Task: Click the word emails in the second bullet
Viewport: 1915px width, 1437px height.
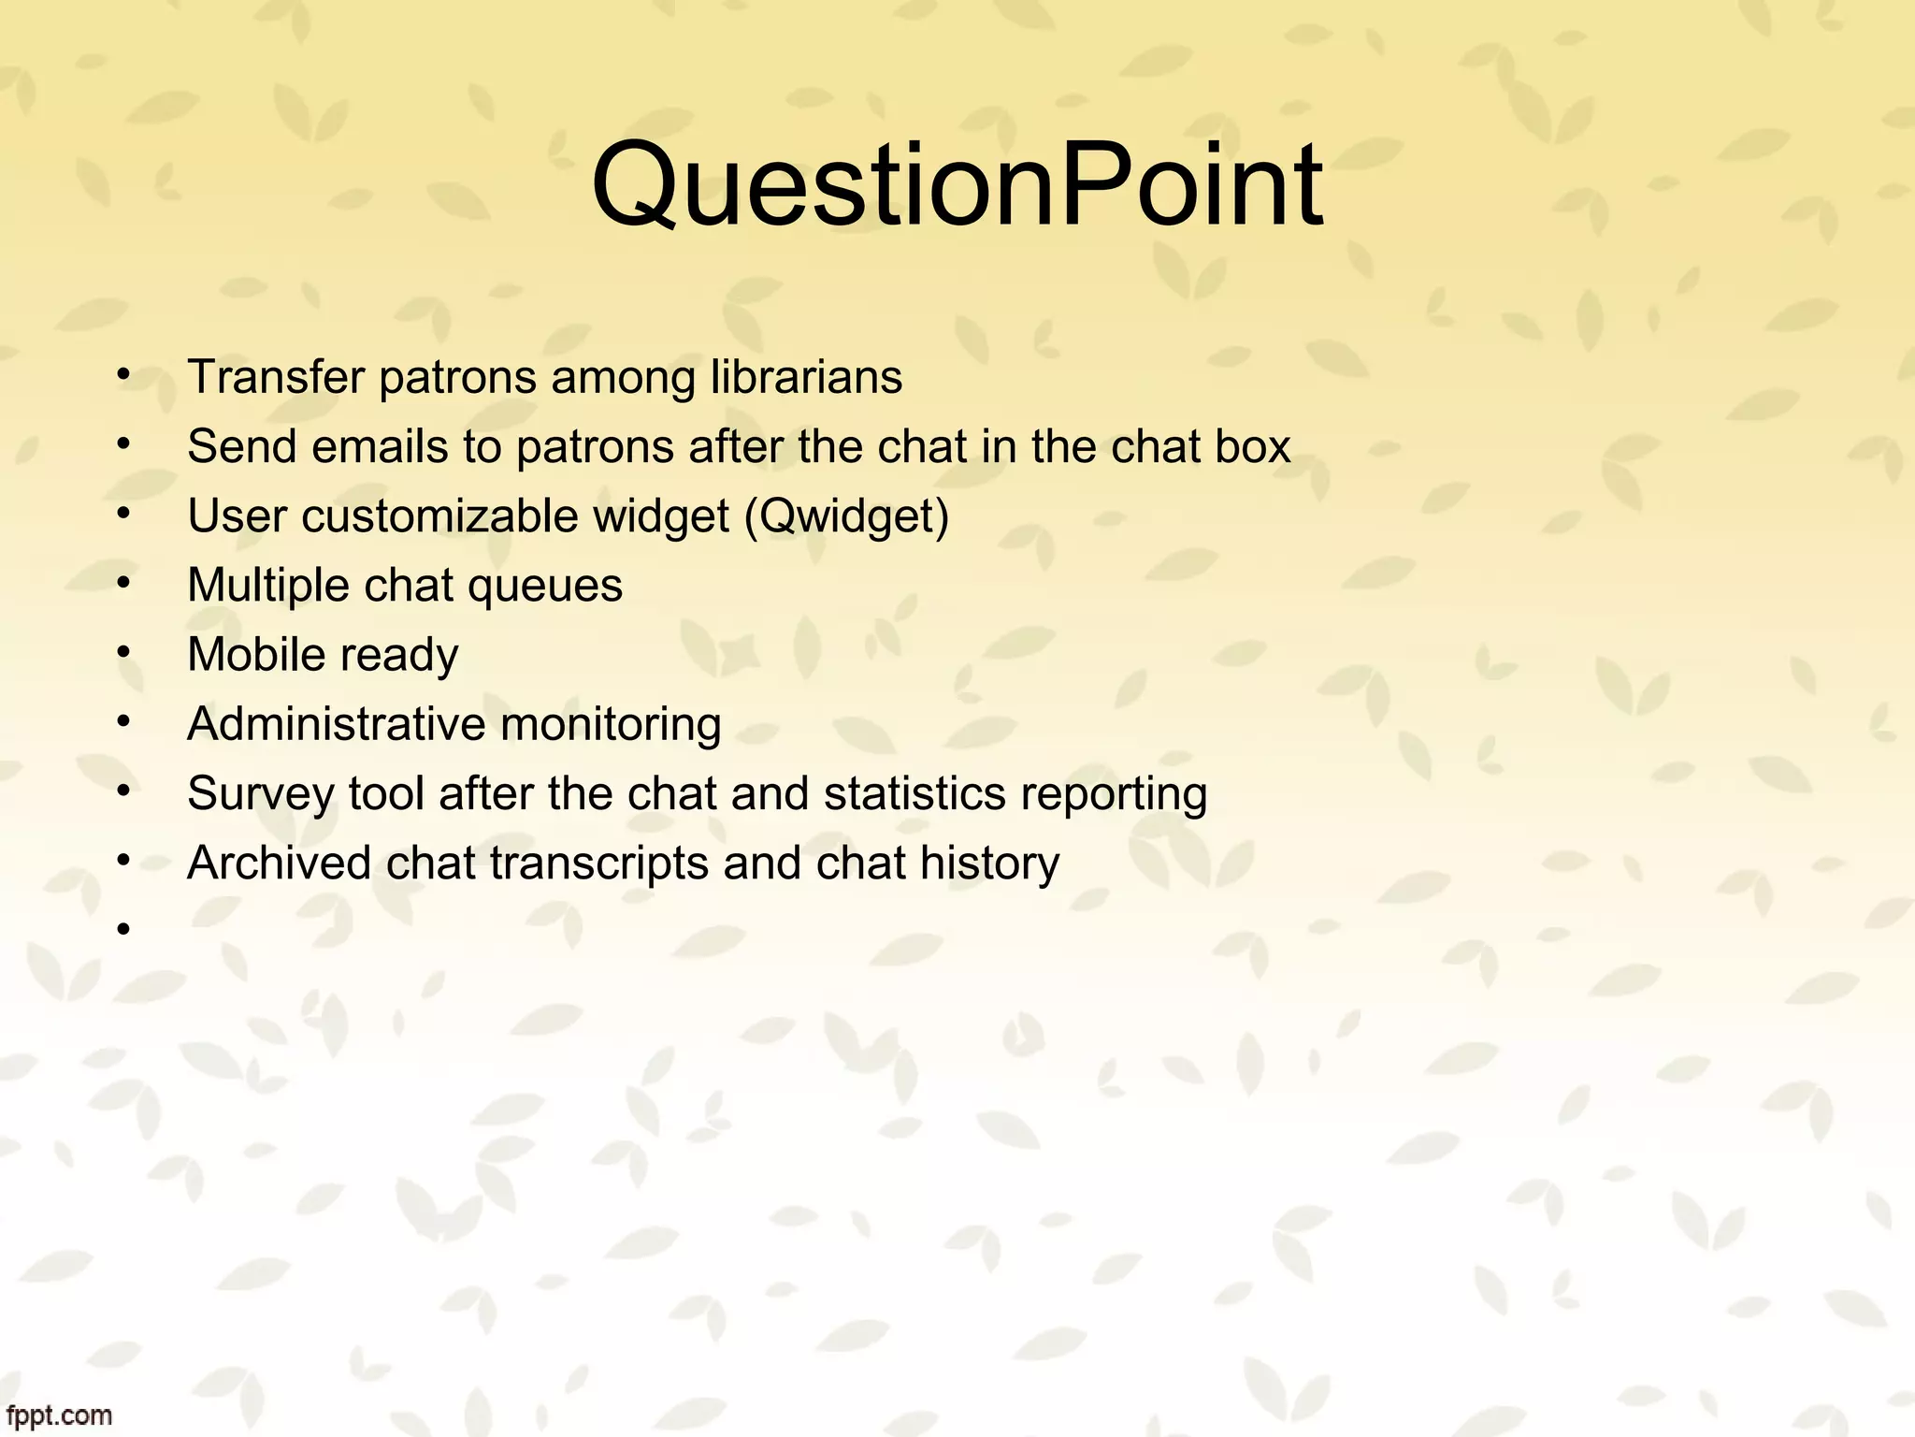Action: pyautogui.click(x=380, y=446)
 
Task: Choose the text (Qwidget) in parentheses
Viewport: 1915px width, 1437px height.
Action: pyautogui.click(x=846, y=516)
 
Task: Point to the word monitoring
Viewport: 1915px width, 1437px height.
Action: pyautogui.click(x=611, y=725)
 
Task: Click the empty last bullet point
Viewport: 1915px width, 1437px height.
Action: pyautogui.click(x=122, y=929)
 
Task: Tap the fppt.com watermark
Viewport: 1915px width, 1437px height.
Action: pyautogui.click(x=57, y=1415)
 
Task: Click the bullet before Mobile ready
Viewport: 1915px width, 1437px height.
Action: pyautogui.click(x=122, y=652)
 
